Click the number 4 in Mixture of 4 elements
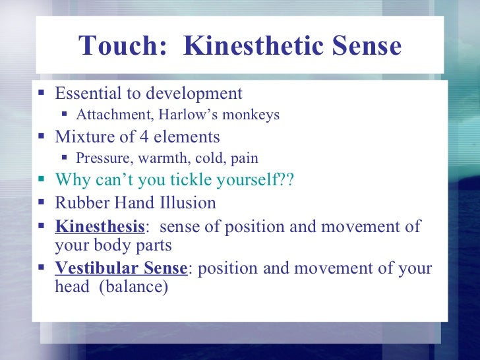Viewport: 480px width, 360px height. [144, 137]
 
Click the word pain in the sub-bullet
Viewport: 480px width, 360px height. [244, 158]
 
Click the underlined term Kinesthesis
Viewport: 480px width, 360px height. [100, 227]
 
